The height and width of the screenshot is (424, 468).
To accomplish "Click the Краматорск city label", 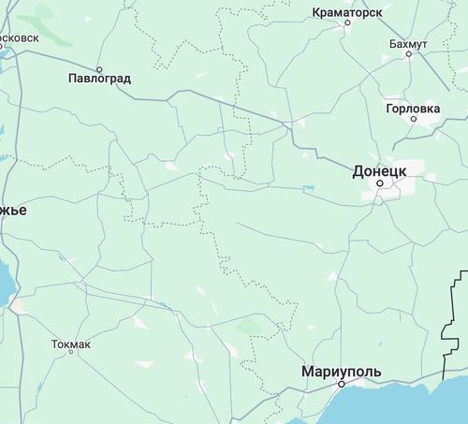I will point(347,11).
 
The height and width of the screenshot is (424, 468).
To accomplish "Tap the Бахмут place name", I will point(409,43).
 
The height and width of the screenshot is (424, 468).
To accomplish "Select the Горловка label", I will point(413,109).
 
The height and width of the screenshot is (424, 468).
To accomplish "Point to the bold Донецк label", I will point(379,171).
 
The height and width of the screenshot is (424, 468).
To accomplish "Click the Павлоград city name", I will point(99,78).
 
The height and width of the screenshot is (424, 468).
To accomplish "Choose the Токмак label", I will point(71,344).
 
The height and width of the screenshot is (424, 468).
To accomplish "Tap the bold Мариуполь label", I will point(342,372).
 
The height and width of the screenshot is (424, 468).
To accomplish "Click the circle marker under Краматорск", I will point(347,23).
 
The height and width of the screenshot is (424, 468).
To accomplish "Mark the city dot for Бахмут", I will point(409,54).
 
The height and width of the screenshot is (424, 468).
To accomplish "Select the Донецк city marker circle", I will point(379,184).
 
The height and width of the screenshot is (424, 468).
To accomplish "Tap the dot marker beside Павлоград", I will point(98,66).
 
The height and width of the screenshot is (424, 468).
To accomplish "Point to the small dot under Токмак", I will point(71,356).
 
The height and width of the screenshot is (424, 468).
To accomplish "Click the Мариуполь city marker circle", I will point(342,384).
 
